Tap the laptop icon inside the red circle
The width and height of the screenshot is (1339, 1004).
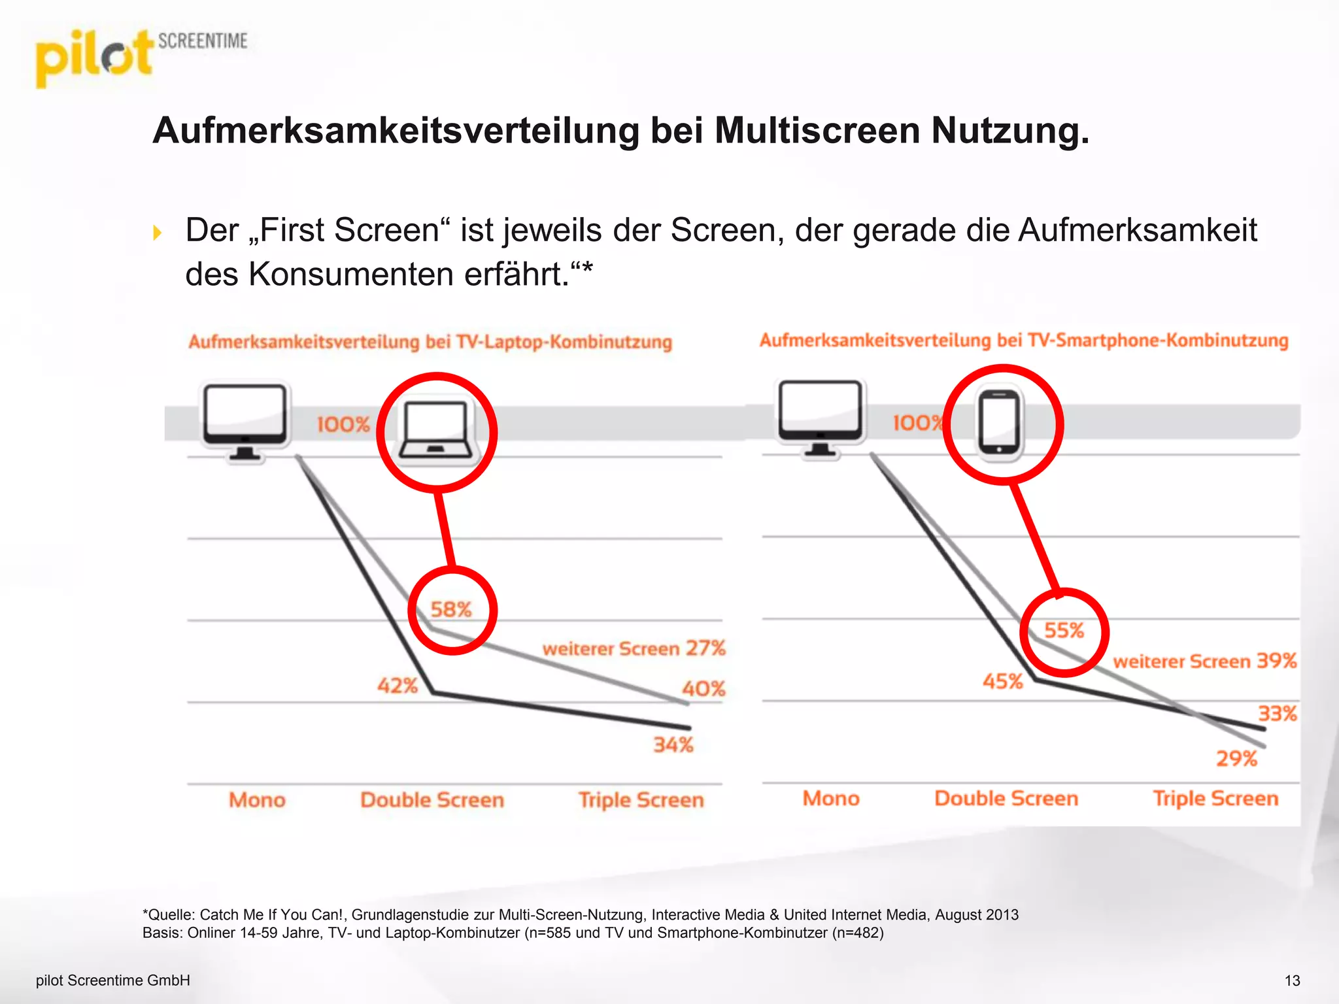tap(436, 430)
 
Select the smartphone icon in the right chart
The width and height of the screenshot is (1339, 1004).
tap(998, 422)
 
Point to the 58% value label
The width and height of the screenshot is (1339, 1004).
tap(451, 610)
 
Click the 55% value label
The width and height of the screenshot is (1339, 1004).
tap(1064, 631)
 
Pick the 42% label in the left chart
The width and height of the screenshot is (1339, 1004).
tap(398, 686)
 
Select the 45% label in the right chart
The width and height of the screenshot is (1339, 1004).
tap(1002, 682)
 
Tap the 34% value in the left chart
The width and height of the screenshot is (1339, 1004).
tap(673, 745)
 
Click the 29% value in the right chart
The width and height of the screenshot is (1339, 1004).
tap(1236, 759)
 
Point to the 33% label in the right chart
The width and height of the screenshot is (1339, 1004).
tap(1278, 713)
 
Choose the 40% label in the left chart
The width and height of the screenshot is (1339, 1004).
tap(703, 688)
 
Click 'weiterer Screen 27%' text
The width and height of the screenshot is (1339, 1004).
tap(634, 648)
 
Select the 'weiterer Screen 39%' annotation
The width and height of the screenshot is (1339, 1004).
tap(1204, 661)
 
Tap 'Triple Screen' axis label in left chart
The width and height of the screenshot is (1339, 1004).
tap(641, 800)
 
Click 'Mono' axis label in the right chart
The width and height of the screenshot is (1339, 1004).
tap(831, 798)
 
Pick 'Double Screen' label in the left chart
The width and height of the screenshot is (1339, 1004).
tap(432, 800)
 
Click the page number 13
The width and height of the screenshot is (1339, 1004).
tap(1292, 980)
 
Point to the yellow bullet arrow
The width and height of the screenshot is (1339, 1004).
tap(157, 233)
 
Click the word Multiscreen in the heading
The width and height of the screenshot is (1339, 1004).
tap(817, 131)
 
